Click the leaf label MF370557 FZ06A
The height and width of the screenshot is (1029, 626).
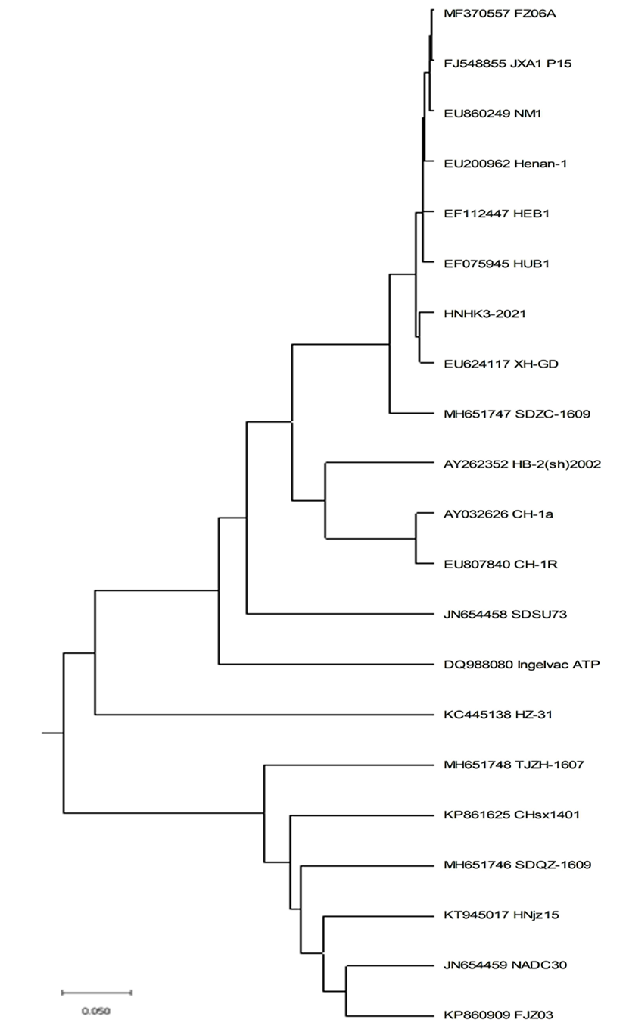500,14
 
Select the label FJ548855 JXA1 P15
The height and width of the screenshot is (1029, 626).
508,64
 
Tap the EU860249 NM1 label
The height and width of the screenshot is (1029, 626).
493,114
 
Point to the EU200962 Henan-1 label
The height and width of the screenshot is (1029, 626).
506,164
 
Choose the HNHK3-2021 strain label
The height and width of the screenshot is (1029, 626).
484,314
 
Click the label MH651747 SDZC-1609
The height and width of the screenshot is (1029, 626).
517,414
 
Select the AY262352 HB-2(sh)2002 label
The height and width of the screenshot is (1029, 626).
522,464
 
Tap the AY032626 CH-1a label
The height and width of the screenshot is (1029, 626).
498,514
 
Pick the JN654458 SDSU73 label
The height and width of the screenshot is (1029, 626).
506,615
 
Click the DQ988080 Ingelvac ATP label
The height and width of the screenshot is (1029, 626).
522,665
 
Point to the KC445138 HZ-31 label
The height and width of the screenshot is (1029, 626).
498,715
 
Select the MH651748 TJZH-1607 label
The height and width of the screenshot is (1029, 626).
513,765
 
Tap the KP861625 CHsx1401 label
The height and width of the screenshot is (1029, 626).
512,815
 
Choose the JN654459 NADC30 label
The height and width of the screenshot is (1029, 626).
506,965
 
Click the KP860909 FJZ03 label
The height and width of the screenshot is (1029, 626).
498,1015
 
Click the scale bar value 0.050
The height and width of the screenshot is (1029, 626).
96,1011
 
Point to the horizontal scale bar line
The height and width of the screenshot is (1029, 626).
97,993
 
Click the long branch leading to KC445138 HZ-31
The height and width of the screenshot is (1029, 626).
264,715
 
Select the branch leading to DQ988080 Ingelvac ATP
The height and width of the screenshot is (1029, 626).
325,665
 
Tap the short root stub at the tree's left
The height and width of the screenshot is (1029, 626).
53,733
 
